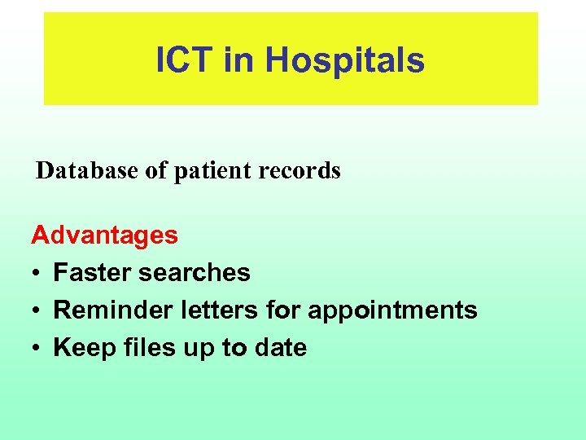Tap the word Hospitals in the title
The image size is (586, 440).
click(344, 59)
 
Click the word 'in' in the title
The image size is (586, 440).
click(238, 59)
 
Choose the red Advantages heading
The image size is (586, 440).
click(104, 235)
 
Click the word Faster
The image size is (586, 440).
click(92, 272)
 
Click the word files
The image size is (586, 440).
click(142, 347)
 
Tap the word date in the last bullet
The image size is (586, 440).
click(279, 347)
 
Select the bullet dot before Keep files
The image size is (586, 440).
click(37, 349)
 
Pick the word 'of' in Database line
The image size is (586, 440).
click(151, 170)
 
